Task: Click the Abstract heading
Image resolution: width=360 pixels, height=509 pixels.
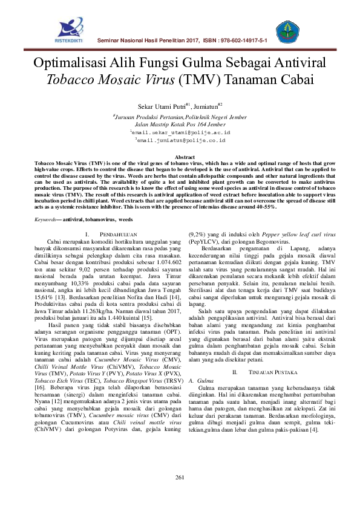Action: pos(180,157)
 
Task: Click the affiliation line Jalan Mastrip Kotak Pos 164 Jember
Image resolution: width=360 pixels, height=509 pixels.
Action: pos(180,123)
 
